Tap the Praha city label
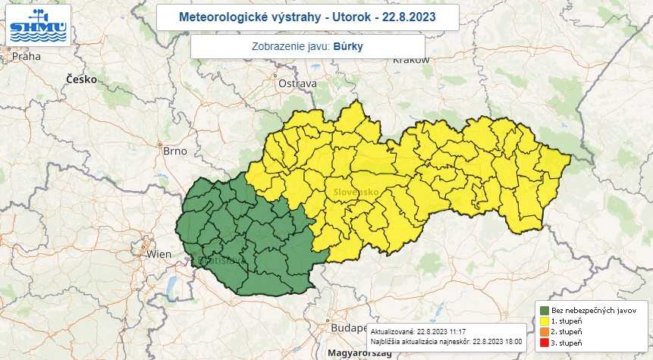point(26,55)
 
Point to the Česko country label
point(81,79)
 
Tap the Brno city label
point(174,151)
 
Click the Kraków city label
point(391,61)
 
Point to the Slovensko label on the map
point(356,193)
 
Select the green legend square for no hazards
point(544,310)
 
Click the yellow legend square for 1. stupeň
point(544,321)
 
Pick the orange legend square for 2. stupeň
point(544,333)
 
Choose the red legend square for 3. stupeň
point(544,344)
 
